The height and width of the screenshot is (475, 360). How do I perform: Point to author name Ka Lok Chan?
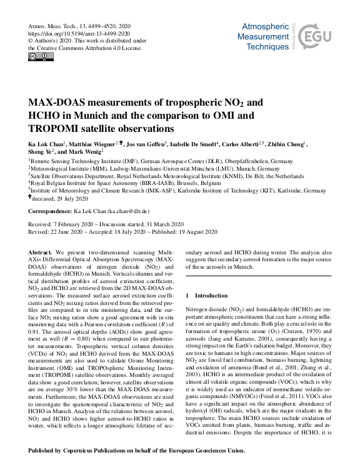pyautogui.click(x=46, y=143)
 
